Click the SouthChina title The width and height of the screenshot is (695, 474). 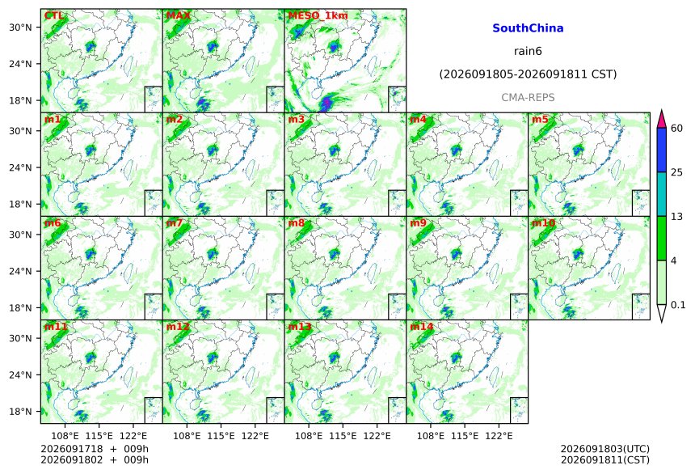point(528,28)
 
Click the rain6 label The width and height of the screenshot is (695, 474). point(528,51)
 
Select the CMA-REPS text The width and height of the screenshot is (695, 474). point(528,97)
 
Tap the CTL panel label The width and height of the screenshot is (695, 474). point(53,15)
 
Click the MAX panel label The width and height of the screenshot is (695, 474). point(178,15)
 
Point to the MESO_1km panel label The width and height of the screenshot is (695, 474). point(318,15)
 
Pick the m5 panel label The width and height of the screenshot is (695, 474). point(540,120)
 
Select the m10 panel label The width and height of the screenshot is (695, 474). point(543,222)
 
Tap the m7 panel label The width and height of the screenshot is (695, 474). point(175,222)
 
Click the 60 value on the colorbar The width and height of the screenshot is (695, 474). point(677,129)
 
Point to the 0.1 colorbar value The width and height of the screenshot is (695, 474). point(678,305)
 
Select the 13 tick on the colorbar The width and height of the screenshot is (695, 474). point(677,217)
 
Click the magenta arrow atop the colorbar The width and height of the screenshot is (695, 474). point(662,119)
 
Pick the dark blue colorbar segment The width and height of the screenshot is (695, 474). point(662,150)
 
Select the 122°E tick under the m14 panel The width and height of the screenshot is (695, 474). point(499,436)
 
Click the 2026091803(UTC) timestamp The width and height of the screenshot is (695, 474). point(605,449)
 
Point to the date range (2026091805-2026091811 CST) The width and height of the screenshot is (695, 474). point(528,74)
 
